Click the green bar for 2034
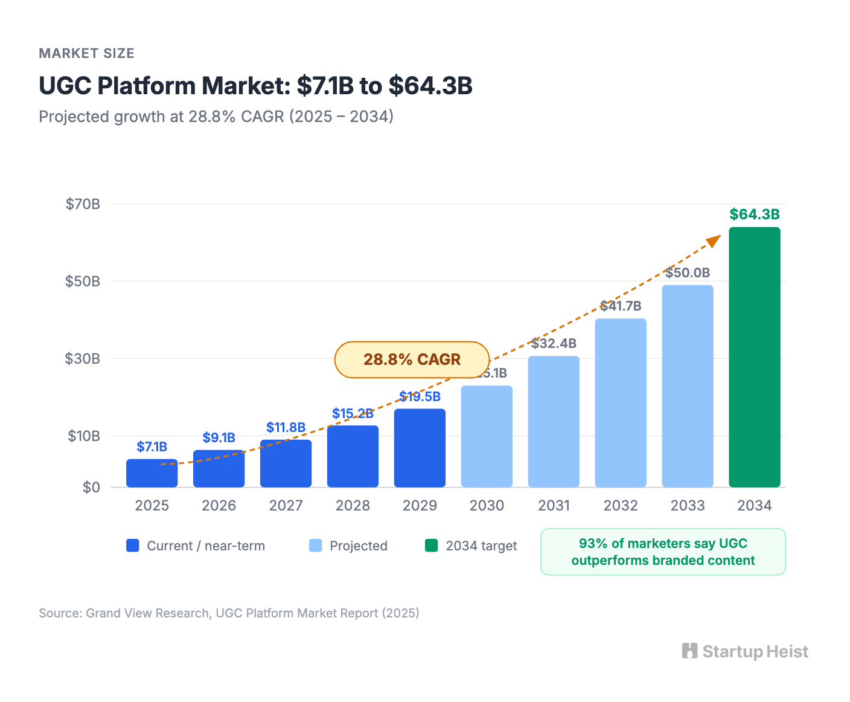click(754, 357)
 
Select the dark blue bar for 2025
click(152, 473)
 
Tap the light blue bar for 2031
click(554, 422)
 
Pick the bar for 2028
click(353, 456)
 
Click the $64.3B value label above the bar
click(754, 214)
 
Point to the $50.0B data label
click(688, 272)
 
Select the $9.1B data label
click(219, 437)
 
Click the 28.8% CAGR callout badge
click(412, 359)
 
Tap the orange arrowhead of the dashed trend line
click(714, 240)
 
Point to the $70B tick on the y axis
click(83, 204)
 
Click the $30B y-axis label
click(83, 359)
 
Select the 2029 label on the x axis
click(420, 506)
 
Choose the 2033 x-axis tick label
click(688, 506)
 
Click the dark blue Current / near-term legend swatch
click(133, 546)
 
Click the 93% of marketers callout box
click(663, 552)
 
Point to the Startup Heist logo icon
click(689, 651)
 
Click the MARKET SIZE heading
click(86, 53)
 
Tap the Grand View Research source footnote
click(229, 613)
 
